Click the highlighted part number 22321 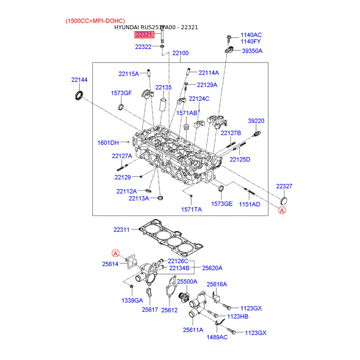[x=144, y=35]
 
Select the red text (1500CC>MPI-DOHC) [x=95, y=21]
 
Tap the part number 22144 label [x=79, y=80]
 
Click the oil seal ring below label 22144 [x=79, y=95]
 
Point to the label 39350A [x=252, y=51]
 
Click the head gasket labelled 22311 [x=171, y=238]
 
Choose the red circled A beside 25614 [x=116, y=253]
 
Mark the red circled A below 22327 [x=282, y=210]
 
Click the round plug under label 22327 [x=284, y=201]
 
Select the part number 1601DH [x=108, y=143]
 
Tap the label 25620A [x=212, y=268]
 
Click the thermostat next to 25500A [x=184, y=298]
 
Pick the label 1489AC [x=217, y=337]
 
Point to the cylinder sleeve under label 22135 [x=163, y=105]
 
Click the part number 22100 [x=180, y=53]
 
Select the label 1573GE [x=222, y=204]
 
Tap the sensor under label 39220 [x=257, y=134]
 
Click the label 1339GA [x=132, y=300]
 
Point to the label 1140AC [x=251, y=35]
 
